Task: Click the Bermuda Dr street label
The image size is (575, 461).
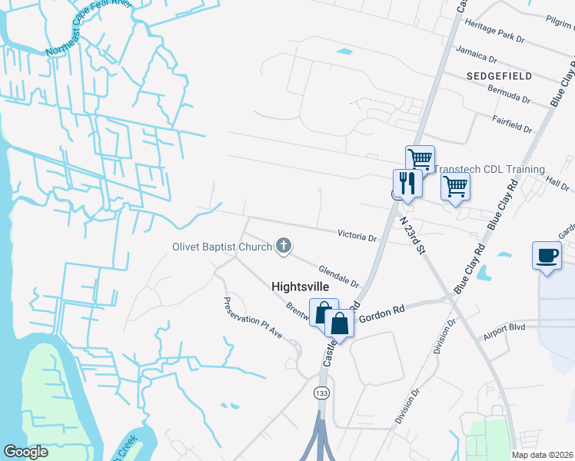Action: [x=509, y=94]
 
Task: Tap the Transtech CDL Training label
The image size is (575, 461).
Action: [x=490, y=169]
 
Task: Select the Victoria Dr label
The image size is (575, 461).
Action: [x=357, y=235]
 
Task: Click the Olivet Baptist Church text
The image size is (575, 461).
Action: [x=221, y=247]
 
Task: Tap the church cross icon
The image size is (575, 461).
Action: [x=284, y=246]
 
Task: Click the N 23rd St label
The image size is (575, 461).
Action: [x=413, y=233]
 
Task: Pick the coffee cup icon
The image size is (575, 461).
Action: [x=547, y=255]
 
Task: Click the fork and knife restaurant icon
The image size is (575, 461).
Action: [x=407, y=183]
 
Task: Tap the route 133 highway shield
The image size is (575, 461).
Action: [x=318, y=393]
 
